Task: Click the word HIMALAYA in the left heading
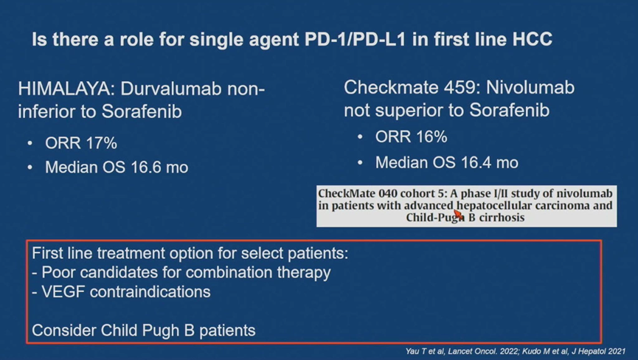point(64,89)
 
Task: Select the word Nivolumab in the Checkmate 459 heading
point(530,88)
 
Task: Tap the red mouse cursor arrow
point(459,215)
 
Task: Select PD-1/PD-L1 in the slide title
point(355,39)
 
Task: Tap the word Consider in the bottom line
point(64,330)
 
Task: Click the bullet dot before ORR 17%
point(30,144)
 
